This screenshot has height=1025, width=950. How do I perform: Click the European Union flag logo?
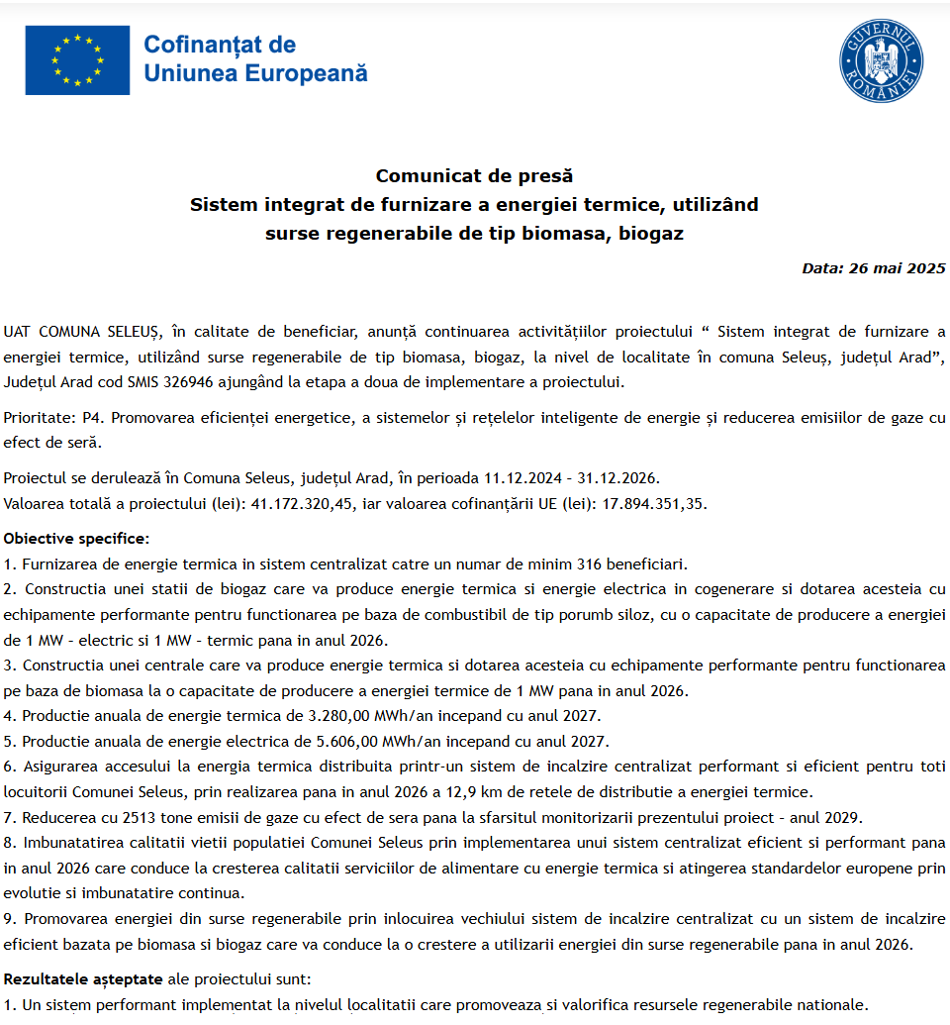click(x=77, y=60)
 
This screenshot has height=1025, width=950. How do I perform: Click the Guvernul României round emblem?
click(x=881, y=60)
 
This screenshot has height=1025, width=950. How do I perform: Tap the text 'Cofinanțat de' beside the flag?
click(x=220, y=45)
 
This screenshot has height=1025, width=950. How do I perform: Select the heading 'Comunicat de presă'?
click(x=474, y=176)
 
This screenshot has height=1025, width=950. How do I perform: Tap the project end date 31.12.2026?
click(x=620, y=478)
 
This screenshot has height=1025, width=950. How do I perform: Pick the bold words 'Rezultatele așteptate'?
click(x=82, y=978)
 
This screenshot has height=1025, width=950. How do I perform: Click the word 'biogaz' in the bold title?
click(x=649, y=235)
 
